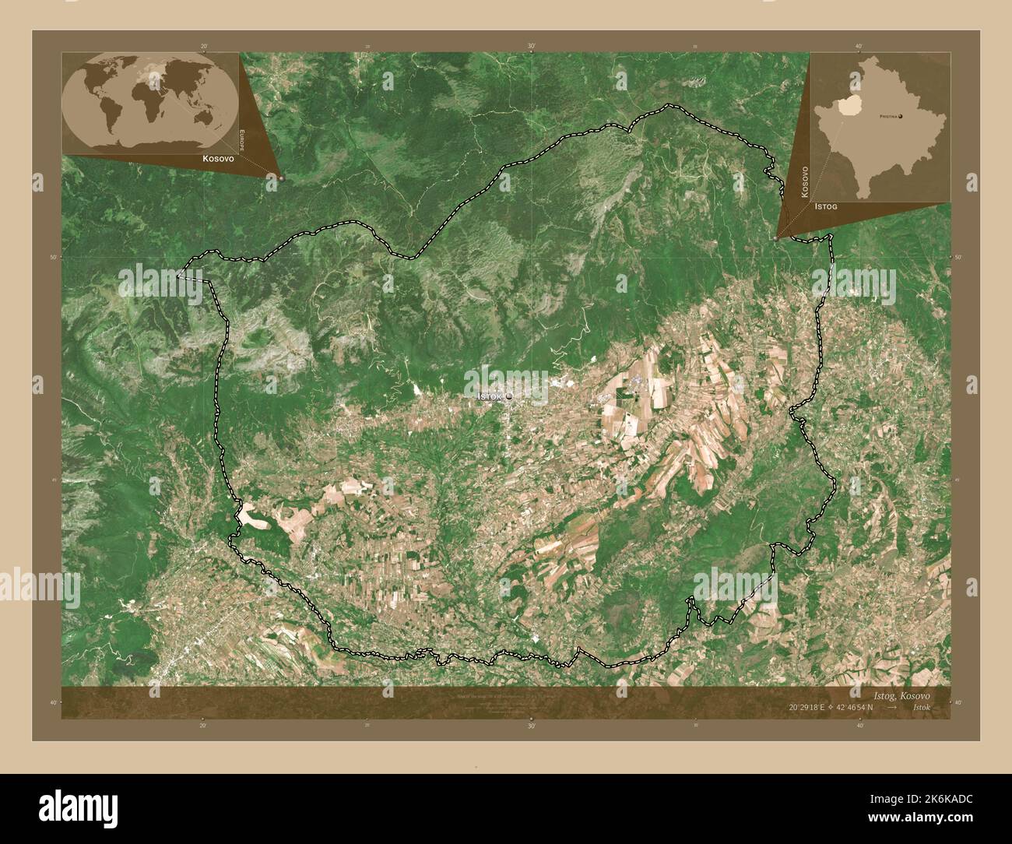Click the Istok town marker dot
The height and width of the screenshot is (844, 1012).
click(x=509, y=397)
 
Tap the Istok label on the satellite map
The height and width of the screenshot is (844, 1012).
click(x=489, y=397)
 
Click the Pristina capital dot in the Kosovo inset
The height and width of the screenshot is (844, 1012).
click(x=901, y=117)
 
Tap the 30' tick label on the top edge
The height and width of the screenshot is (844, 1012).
click(x=531, y=47)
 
